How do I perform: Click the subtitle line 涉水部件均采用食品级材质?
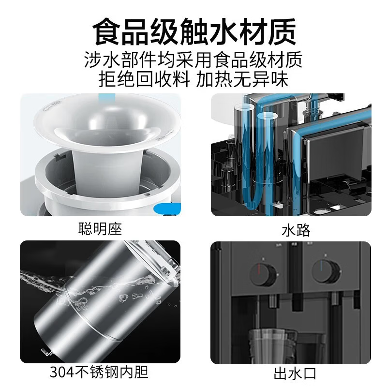point(193,60)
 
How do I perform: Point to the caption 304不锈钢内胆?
point(99,372)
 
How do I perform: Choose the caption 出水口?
point(290,373)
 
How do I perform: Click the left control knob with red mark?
point(263,274)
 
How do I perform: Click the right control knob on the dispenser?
point(325,271)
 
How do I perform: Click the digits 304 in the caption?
point(60,372)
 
